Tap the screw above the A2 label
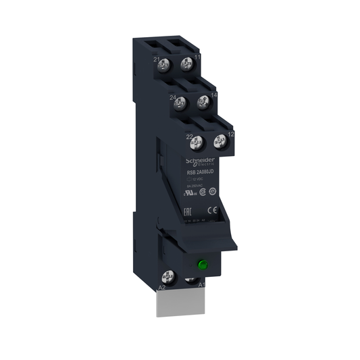tap(168, 276)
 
